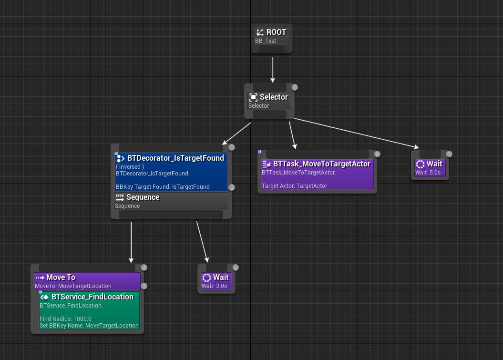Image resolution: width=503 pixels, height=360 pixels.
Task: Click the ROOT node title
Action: click(x=276, y=32)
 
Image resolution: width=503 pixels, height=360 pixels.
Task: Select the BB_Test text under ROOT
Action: click(x=266, y=41)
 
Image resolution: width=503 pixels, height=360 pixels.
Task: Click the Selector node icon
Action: click(x=254, y=97)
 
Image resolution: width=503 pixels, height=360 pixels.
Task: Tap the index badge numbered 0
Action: click(x=295, y=87)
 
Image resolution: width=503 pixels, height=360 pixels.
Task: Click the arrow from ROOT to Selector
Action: click(x=273, y=70)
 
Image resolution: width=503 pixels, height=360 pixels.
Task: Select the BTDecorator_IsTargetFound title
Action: click(x=175, y=158)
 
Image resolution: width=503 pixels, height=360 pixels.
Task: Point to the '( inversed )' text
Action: click(x=130, y=167)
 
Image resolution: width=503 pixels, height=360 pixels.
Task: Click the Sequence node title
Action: click(x=143, y=197)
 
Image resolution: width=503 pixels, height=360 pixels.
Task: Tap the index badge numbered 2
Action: click(x=232, y=187)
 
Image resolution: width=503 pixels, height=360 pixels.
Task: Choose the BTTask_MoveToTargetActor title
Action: click(x=321, y=164)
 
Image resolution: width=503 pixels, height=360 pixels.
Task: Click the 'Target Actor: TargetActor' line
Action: click(x=294, y=186)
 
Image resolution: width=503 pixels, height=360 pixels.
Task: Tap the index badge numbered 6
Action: click(x=377, y=154)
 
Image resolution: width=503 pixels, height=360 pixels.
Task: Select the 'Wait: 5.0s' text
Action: click(x=428, y=173)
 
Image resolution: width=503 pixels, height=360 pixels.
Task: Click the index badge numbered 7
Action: click(x=449, y=154)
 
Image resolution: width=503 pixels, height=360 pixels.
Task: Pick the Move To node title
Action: click(x=61, y=278)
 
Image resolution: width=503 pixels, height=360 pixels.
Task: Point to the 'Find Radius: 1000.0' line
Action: click(x=65, y=319)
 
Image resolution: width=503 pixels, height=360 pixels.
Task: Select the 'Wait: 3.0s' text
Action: click(x=215, y=286)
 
